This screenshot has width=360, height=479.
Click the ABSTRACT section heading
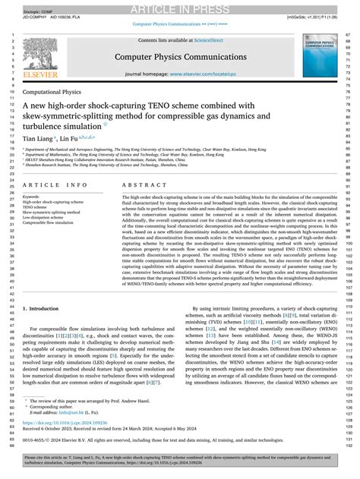pyautogui.click(x=139, y=184)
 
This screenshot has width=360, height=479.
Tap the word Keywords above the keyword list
pyautogui.click(x=33, y=196)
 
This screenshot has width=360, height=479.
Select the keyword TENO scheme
pyautogui.click(x=39, y=206)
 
